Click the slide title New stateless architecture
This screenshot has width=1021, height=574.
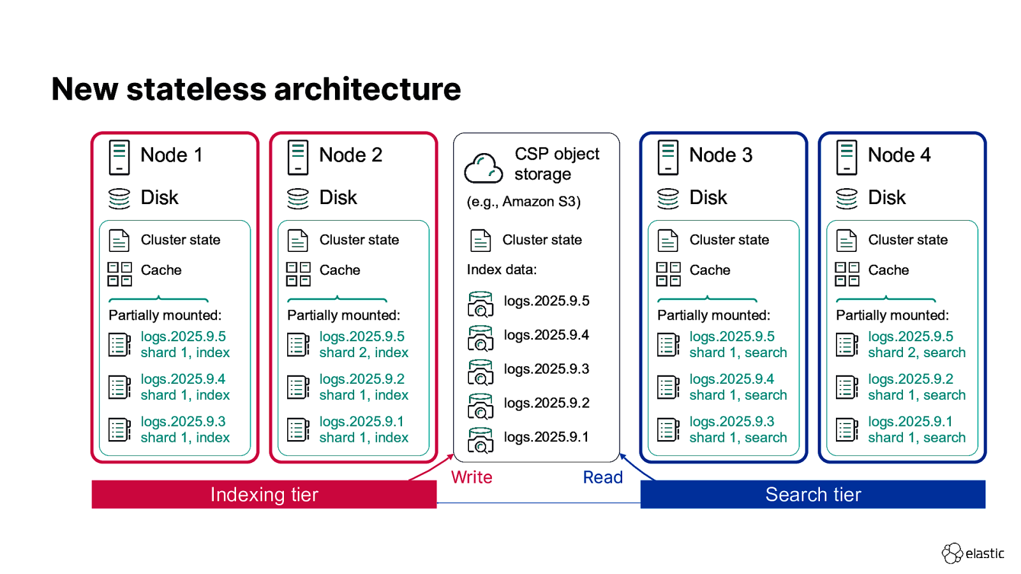click(x=256, y=89)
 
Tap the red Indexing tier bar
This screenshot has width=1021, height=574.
click(x=264, y=495)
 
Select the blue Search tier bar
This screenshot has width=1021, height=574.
click(x=812, y=495)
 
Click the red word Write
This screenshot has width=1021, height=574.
click(x=472, y=477)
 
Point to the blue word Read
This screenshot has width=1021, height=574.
click(x=602, y=477)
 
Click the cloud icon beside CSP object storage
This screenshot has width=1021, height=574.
click(x=483, y=168)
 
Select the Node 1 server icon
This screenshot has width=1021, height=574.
click(x=119, y=157)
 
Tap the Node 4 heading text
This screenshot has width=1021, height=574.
click(x=899, y=155)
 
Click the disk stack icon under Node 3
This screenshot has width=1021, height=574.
click(x=668, y=198)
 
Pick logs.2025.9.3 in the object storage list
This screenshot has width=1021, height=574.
click(x=546, y=369)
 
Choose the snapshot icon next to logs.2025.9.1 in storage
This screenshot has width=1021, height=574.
click(x=481, y=440)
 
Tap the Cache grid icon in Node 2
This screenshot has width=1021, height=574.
click(x=298, y=274)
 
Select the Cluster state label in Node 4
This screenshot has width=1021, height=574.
click(x=907, y=240)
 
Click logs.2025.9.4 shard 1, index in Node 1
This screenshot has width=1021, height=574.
click(x=185, y=387)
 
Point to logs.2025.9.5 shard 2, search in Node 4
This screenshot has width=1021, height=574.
click(x=916, y=344)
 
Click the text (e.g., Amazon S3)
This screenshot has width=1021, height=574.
click(x=523, y=202)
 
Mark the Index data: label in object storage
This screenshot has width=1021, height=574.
click(x=502, y=270)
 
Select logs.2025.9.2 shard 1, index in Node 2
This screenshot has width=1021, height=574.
click(x=364, y=387)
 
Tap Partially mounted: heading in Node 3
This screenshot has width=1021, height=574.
click(x=713, y=315)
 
